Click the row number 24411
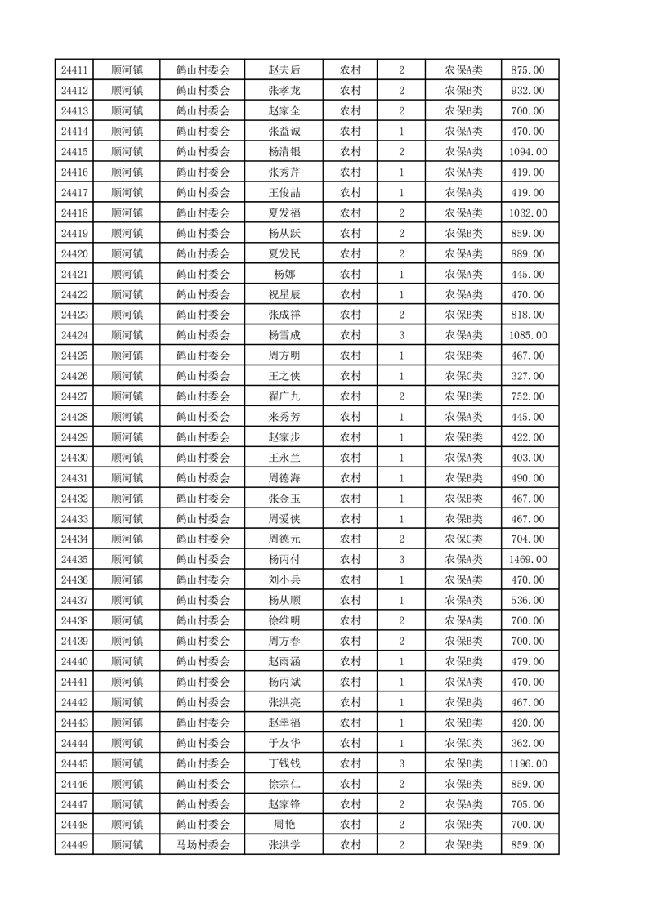[74, 70]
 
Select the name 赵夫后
[284, 70]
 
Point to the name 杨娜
[284, 275]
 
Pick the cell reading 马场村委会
[203, 845]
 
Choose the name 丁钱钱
[284, 763]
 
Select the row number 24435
[74, 560]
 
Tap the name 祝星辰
[284, 295]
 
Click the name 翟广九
[284, 396]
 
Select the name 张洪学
[284, 845]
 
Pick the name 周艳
[284, 825]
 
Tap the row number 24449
[74, 845]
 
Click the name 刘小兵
[284, 580]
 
